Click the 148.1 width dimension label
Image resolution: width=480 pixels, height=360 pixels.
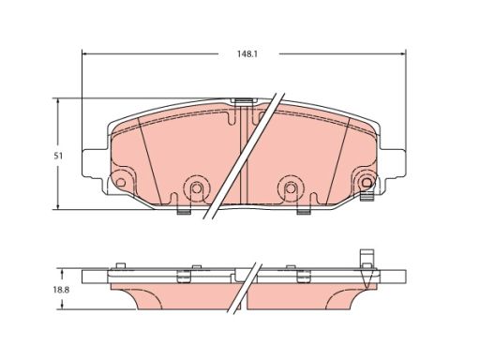tap(247, 54)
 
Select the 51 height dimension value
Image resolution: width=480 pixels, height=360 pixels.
tap(58, 156)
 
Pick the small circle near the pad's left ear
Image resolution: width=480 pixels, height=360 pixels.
tap(120, 183)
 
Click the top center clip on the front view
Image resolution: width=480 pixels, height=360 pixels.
tap(243, 99)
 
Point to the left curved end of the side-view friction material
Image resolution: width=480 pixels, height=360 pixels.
tap(117, 298)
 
